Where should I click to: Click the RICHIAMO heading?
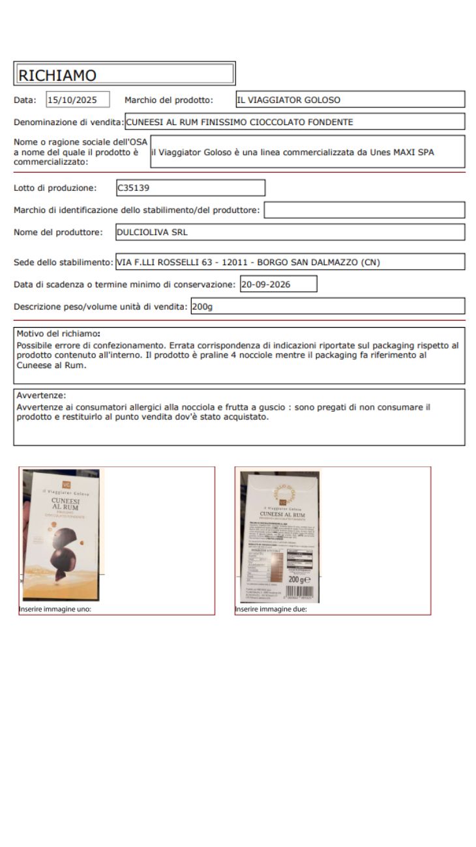[57, 75]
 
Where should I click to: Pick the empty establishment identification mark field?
[364, 210]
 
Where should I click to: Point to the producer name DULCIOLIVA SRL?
[152, 232]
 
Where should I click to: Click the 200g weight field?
[202, 306]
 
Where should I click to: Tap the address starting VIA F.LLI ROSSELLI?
[248, 262]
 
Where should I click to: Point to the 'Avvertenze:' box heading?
[42, 395]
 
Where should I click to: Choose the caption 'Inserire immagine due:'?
[271, 610]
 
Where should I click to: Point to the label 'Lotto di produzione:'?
[55, 188]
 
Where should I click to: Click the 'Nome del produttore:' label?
[58, 232]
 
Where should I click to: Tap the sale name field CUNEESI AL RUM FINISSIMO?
[239, 122]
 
